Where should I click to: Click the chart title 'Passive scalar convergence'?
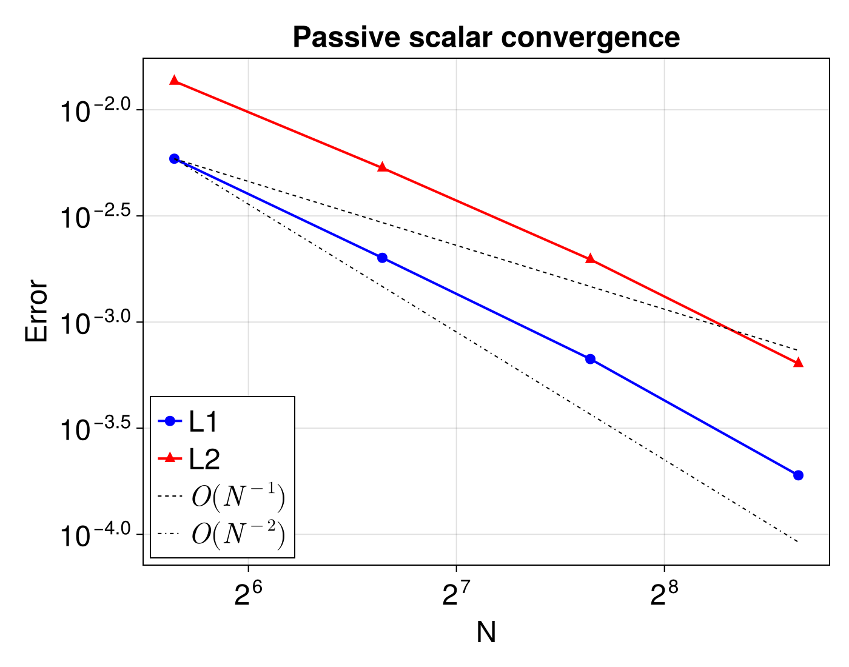tap(486, 38)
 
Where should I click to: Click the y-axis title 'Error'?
tap(36, 310)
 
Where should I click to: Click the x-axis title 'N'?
tap(486, 632)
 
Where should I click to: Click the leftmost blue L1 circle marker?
tap(174, 159)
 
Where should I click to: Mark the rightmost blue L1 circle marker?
tap(798, 475)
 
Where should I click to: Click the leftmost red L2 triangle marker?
tap(174, 81)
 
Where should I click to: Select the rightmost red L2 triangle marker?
tap(798, 363)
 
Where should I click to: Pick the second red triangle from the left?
tap(382, 167)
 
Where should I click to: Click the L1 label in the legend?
tap(204, 422)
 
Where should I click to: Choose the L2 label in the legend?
tap(204, 460)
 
